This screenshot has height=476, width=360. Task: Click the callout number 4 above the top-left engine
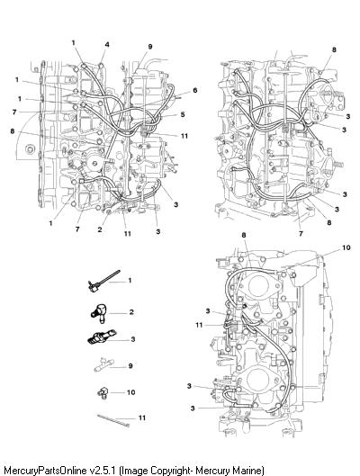coord(107,45)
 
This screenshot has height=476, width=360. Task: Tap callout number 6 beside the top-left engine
coord(195,90)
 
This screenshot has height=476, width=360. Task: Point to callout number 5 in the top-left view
coord(183,114)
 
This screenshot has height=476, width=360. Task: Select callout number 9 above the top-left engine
coord(150,47)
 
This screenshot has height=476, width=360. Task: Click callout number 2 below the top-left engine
coord(100,229)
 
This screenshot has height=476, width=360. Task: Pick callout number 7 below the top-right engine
coord(301,233)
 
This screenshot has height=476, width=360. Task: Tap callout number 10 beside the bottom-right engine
coord(346,247)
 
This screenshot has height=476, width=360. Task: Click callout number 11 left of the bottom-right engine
coord(199,325)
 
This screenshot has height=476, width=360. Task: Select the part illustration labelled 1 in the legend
coord(103,282)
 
